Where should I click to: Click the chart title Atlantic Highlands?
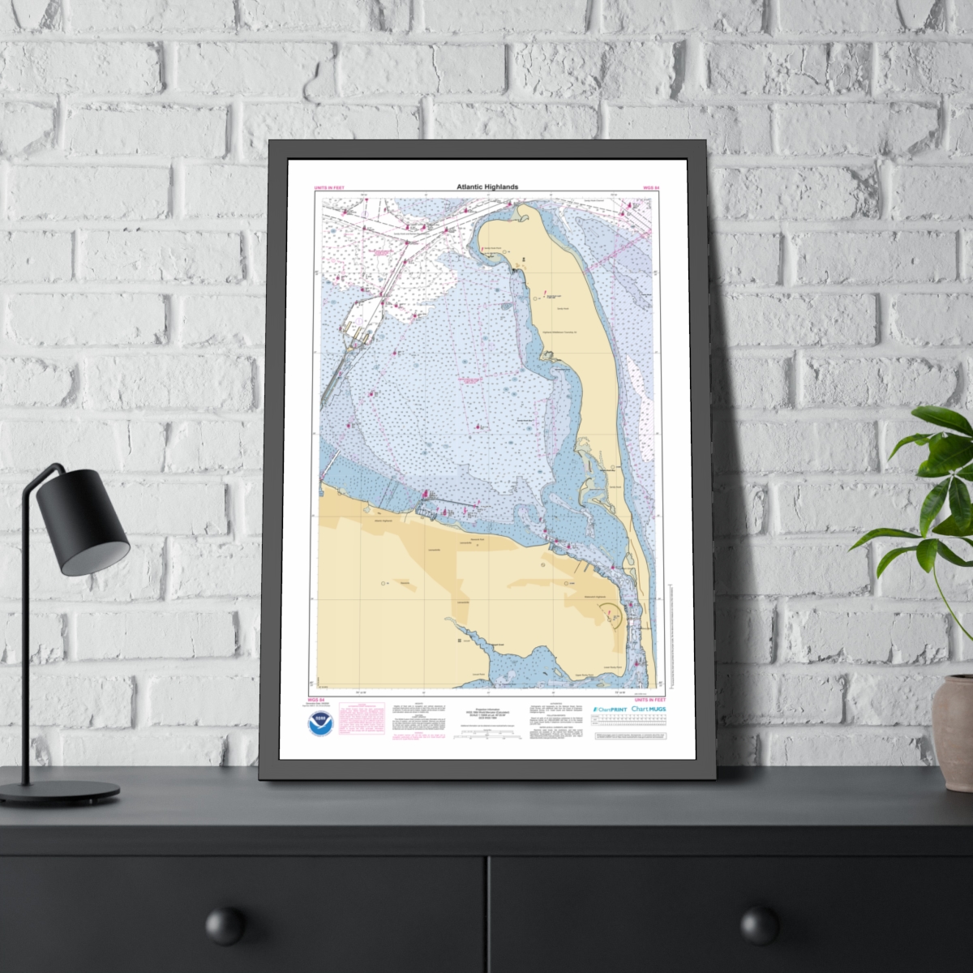click(x=486, y=187)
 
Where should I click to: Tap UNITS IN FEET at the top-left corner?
click(x=329, y=188)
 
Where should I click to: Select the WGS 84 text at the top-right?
click(x=651, y=188)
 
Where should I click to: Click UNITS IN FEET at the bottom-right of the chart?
click(x=650, y=698)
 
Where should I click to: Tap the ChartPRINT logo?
click(x=608, y=709)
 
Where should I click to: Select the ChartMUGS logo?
click(x=649, y=709)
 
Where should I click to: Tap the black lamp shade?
click(x=91, y=519)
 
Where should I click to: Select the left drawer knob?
click(x=225, y=925)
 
